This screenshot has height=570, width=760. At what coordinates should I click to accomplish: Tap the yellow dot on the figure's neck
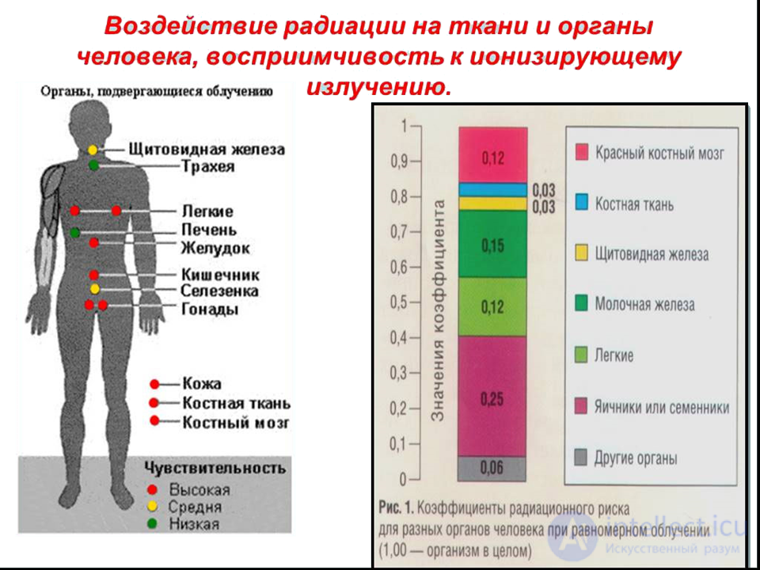93,150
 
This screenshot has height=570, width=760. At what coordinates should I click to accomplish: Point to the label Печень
209,230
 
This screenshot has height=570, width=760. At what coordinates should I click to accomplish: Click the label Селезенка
220,291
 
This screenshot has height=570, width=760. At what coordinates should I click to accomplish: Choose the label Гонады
210,310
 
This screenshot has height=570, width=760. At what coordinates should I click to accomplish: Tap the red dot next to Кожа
154,384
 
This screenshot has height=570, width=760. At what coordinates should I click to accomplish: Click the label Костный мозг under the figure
235,422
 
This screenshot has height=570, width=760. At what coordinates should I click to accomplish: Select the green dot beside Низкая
152,523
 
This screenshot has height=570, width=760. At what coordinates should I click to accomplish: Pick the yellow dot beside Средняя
152,507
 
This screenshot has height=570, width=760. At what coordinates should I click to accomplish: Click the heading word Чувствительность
214,468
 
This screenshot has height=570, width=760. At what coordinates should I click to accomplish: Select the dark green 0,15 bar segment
492,245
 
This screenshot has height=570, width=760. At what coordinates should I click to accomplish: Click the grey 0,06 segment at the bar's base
492,469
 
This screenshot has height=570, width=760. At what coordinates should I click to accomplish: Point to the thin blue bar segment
492,190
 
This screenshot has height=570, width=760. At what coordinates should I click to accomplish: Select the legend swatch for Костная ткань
582,203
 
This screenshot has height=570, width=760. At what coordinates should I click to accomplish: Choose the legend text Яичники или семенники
662,408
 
